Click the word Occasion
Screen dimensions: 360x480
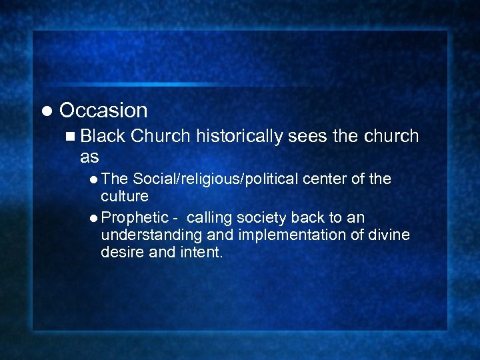click(x=103, y=110)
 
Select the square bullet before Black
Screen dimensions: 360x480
click(x=71, y=137)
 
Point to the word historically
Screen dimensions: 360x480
click(x=237, y=136)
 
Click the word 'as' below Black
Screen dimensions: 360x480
click(x=89, y=157)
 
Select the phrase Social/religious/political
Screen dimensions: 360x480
click(x=216, y=179)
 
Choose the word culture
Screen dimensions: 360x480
click(x=124, y=196)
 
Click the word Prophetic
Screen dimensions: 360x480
click(x=135, y=218)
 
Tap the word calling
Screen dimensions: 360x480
click(x=210, y=218)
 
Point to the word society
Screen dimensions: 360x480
click(x=262, y=218)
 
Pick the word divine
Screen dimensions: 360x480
click(x=390, y=235)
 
